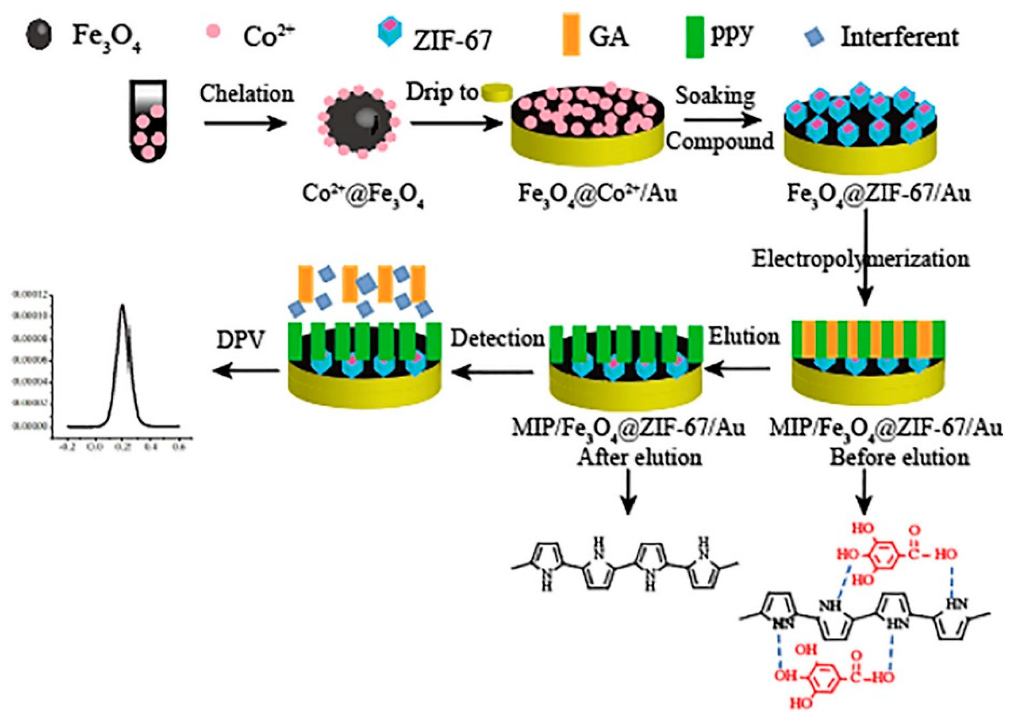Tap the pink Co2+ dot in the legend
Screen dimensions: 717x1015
pyautogui.click(x=213, y=32)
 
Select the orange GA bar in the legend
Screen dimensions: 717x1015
pyautogui.click(x=571, y=39)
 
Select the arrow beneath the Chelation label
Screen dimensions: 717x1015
pyautogui.click(x=245, y=124)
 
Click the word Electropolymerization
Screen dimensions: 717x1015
pyautogui.click(x=861, y=259)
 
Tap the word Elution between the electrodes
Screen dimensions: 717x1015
pyautogui.click(x=744, y=337)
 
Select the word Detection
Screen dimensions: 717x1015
pyautogui.click(x=497, y=339)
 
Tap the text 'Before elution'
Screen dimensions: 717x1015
pyautogui.click(x=899, y=457)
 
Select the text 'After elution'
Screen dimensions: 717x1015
pyautogui.click(x=639, y=457)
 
